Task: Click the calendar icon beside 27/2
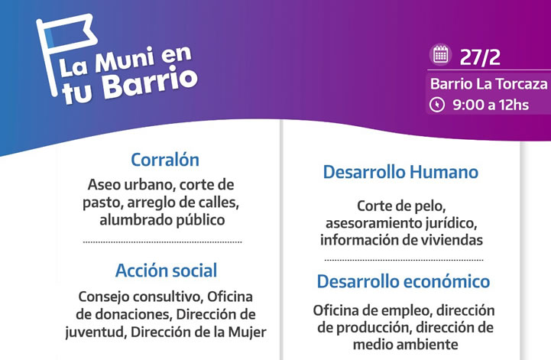440,55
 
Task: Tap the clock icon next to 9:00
437,105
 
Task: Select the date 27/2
480,57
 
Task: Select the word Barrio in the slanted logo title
150,83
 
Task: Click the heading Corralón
165,160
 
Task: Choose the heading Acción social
166,271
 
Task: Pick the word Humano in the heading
444,172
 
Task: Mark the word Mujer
248,332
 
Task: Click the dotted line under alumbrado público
162,242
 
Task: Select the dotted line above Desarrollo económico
404,260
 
